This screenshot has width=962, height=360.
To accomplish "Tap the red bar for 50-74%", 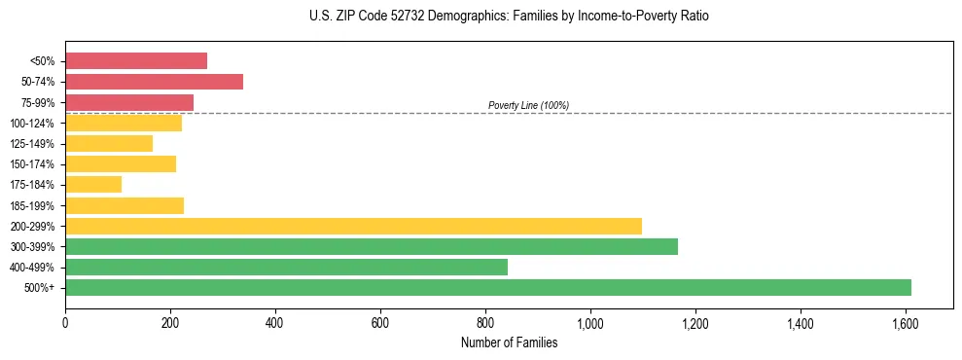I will [x=154, y=82].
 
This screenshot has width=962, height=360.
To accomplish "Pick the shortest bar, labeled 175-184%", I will [x=93, y=184].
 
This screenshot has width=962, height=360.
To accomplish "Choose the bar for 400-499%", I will [x=286, y=267].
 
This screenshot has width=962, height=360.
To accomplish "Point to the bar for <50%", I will [x=136, y=60].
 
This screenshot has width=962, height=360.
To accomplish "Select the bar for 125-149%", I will [x=109, y=143].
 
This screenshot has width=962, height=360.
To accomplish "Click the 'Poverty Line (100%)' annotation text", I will [x=528, y=105].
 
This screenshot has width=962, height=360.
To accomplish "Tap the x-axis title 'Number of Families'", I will [x=509, y=342].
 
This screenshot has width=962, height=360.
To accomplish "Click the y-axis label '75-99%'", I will [x=39, y=102].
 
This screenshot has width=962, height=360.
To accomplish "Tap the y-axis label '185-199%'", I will [x=35, y=205].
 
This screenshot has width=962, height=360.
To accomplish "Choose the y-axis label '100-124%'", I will [x=35, y=123].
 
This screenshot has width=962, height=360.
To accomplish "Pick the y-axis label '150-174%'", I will [x=35, y=164].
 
